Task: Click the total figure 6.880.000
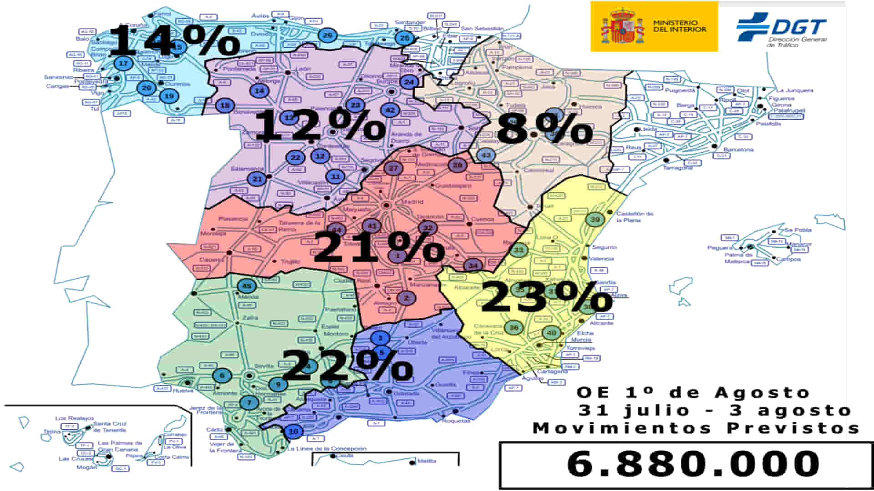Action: click(x=693, y=464)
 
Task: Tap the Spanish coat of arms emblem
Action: click(x=622, y=26)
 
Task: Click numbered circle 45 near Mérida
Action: click(x=247, y=286)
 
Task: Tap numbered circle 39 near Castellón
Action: click(x=595, y=220)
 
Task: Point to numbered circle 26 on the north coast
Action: click(x=327, y=35)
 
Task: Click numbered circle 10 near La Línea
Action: click(x=294, y=431)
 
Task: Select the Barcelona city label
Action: click(x=738, y=150)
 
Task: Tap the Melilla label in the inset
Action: click(x=427, y=461)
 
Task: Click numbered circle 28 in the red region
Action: click(x=457, y=165)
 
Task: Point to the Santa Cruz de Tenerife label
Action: click(x=109, y=426)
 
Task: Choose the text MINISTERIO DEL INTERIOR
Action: click(x=679, y=26)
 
